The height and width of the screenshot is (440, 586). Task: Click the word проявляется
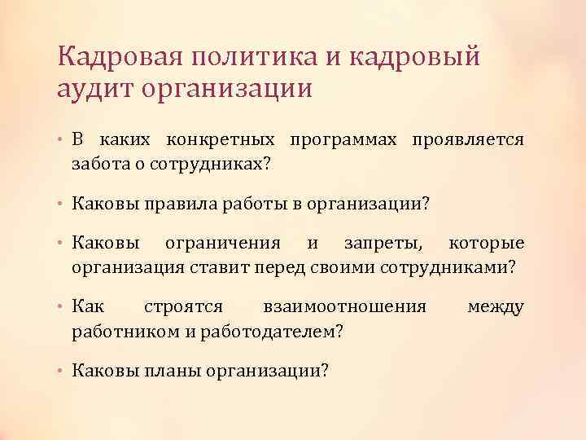[469, 140]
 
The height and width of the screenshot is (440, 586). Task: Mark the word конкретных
[222, 140]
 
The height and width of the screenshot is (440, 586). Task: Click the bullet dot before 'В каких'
[62, 141]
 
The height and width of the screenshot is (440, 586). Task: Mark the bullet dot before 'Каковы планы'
[62, 372]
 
